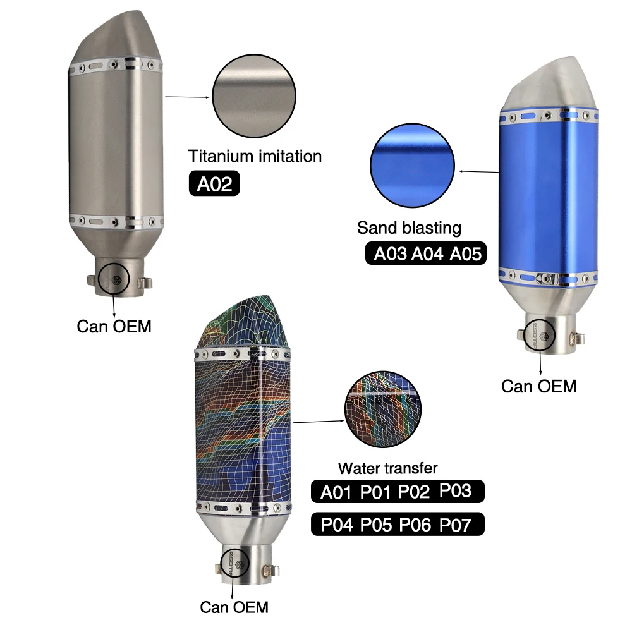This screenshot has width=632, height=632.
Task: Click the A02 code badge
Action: [214, 183]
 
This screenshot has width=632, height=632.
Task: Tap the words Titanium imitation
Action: [255, 156]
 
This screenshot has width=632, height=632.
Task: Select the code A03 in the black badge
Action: [390, 253]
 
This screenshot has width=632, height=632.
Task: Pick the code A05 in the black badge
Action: [466, 253]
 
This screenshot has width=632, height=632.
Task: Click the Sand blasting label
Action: [409, 228]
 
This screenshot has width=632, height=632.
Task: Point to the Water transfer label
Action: [388, 468]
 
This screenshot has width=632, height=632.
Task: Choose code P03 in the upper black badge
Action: [455, 490]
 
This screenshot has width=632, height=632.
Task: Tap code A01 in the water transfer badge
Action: [336, 492]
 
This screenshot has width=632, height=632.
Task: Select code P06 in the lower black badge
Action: [415, 525]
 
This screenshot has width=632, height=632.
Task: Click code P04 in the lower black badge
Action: [337, 525]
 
